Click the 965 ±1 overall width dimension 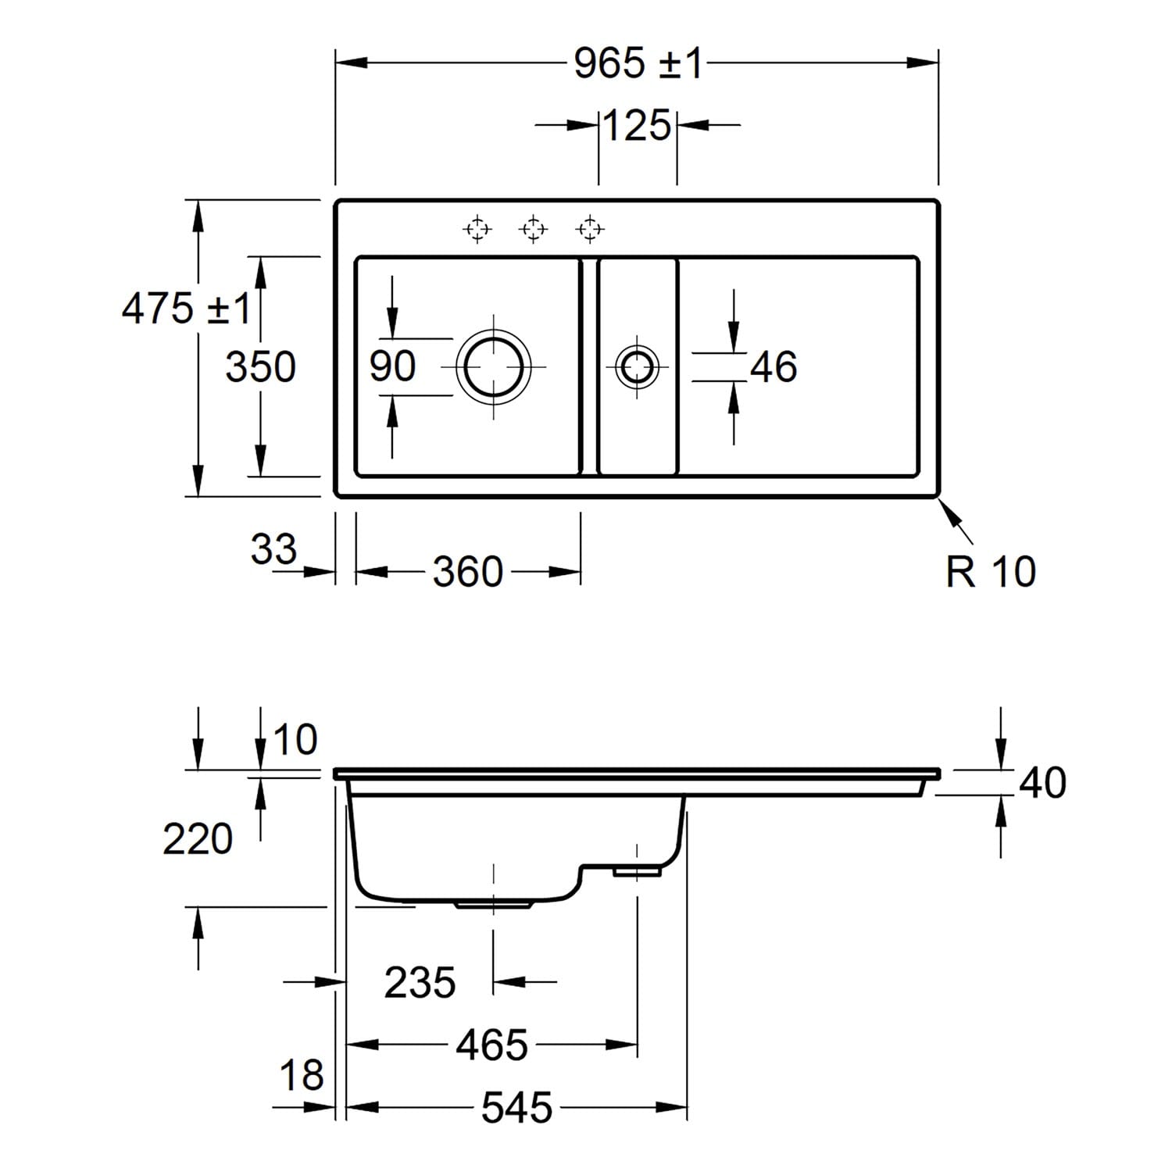638,63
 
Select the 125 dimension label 637,125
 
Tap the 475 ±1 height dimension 185,308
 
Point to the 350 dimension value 260,366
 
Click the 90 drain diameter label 392,366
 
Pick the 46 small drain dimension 774,366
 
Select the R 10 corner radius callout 991,571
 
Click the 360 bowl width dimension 467,572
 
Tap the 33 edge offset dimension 273,548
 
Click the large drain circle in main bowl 494,366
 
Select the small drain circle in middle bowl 637,366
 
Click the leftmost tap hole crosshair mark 477,229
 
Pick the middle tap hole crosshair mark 533,229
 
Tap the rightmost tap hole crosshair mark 590,229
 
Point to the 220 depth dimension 198,839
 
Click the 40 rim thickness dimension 1042,782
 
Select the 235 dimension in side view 420,982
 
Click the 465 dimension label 491,1045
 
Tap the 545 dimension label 516,1107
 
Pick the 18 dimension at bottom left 301,1075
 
